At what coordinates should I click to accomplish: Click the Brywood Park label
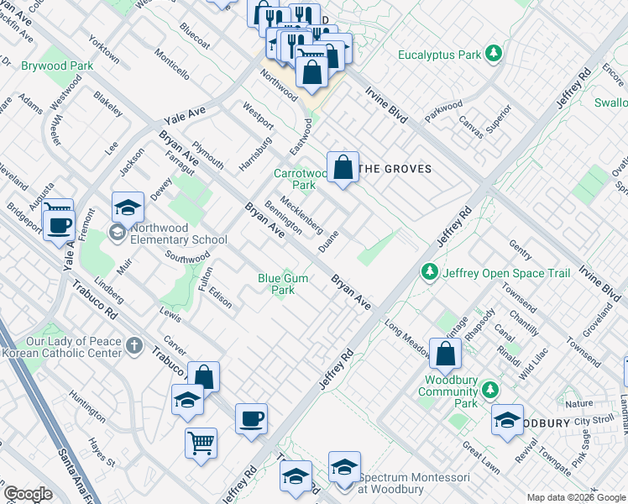pyautogui.click(x=57, y=65)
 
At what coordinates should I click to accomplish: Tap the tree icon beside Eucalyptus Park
pyautogui.click(x=495, y=55)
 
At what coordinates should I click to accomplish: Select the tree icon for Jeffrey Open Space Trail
pyautogui.click(x=430, y=272)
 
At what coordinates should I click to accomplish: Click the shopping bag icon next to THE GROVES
pyautogui.click(x=343, y=167)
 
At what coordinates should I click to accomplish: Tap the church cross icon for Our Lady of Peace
pyautogui.click(x=134, y=345)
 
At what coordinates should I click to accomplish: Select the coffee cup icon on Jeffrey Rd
pyautogui.click(x=251, y=418)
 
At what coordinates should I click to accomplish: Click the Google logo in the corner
pyautogui.click(x=28, y=494)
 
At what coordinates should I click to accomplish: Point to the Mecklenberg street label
pyautogui.click(x=301, y=214)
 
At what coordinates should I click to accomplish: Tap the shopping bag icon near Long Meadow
pyautogui.click(x=445, y=354)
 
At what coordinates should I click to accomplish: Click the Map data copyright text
pyautogui.click(x=574, y=496)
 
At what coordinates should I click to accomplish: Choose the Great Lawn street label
pyautogui.click(x=481, y=455)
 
